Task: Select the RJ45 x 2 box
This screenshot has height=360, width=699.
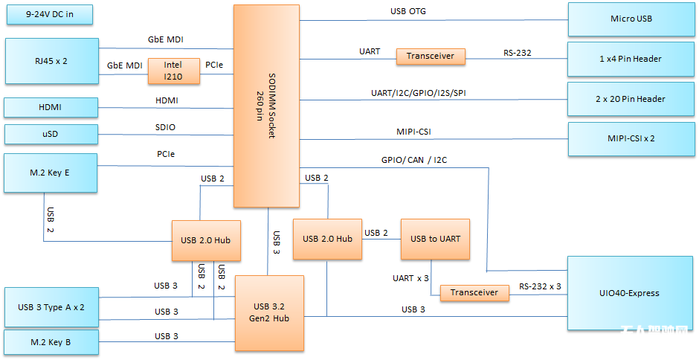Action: click(x=51, y=60)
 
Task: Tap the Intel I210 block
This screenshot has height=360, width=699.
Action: click(x=173, y=71)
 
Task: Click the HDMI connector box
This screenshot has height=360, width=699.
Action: click(x=51, y=107)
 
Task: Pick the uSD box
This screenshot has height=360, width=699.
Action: click(x=51, y=134)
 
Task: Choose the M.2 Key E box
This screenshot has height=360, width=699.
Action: click(x=51, y=173)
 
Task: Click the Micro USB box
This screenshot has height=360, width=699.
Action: click(x=631, y=19)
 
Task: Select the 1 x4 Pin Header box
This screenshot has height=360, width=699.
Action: click(x=631, y=59)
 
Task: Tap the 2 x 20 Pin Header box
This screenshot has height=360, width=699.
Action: click(x=631, y=99)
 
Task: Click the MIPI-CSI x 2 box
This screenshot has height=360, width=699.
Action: click(x=631, y=138)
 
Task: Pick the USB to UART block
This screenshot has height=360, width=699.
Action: click(x=435, y=239)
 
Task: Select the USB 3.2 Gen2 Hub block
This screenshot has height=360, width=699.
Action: click(x=270, y=312)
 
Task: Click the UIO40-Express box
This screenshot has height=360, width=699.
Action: click(x=631, y=293)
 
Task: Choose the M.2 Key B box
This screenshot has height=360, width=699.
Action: click(x=51, y=342)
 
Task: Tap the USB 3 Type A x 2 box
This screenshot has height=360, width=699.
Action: click(x=51, y=306)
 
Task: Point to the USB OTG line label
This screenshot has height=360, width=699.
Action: click(x=408, y=11)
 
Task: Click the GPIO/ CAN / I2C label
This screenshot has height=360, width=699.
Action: click(x=414, y=159)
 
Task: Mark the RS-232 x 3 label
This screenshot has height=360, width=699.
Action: click(x=540, y=286)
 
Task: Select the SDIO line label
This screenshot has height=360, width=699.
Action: click(x=165, y=127)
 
